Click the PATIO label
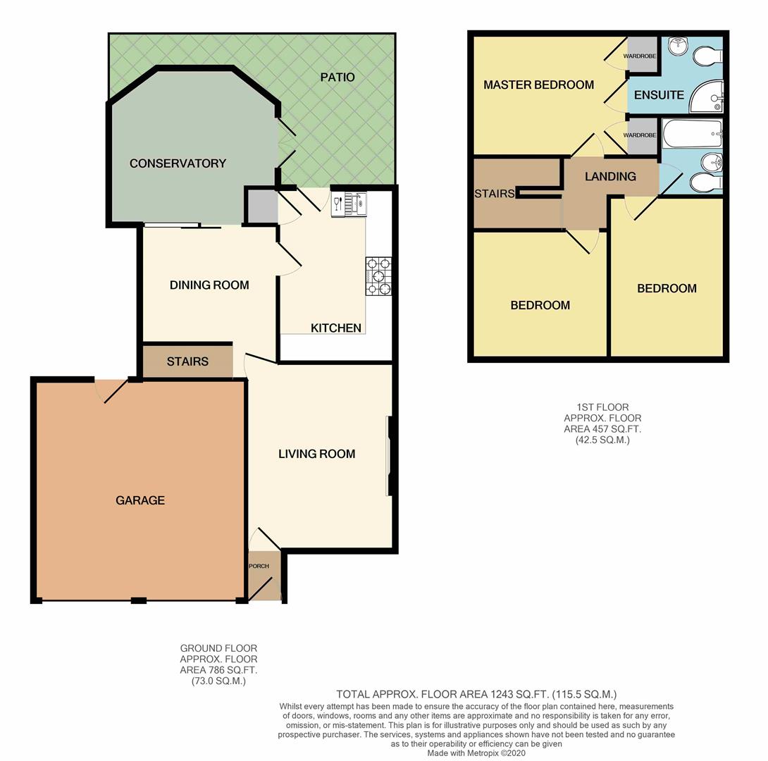click(x=337, y=77)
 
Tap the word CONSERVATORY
click(x=178, y=163)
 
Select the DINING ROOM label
click(x=209, y=285)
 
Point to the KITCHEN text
click(x=336, y=328)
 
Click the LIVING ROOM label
click(x=316, y=454)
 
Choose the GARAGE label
click(x=140, y=500)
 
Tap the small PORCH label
click(x=259, y=566)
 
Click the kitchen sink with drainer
click(x=349, y=203)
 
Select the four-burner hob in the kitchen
click(x=378, y=276)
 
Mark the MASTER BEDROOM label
click(x=538, y=85)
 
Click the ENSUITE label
click(x=659, y=94)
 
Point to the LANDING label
click(x=610, y=177)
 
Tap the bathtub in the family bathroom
click(x=692, y=132)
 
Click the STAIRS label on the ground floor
click(x=187, y=361)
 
